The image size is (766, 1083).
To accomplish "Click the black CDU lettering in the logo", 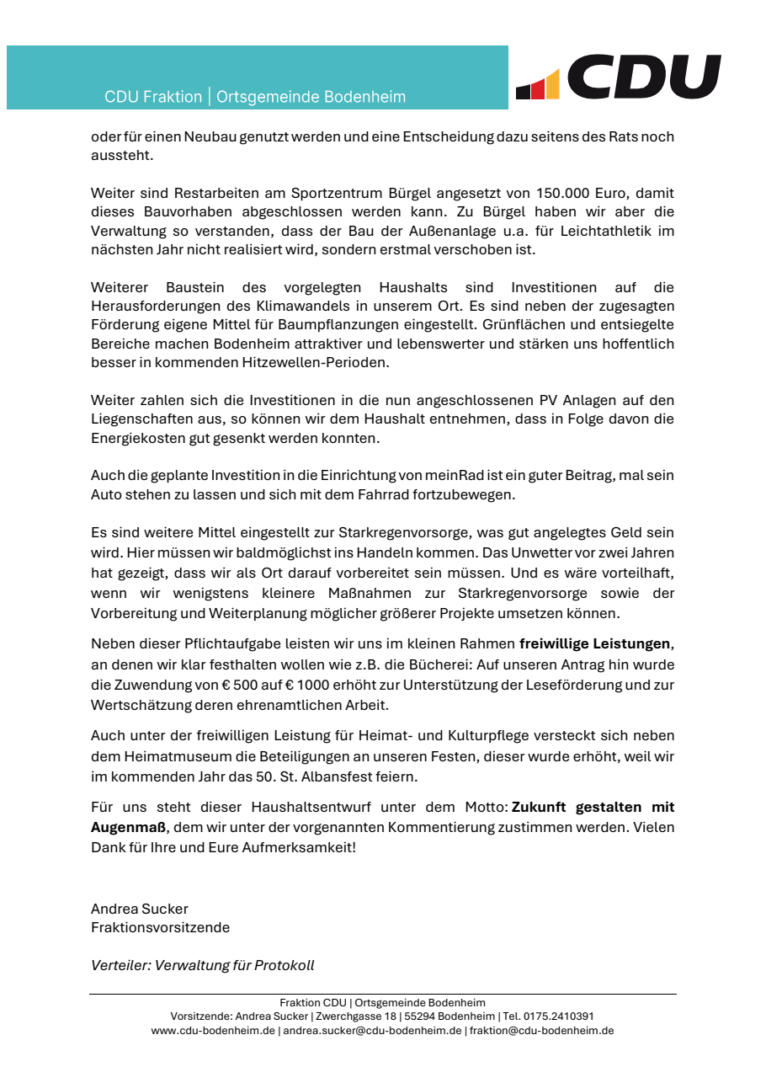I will tap(644, 77).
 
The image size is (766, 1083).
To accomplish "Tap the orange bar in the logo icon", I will tap(552, 85).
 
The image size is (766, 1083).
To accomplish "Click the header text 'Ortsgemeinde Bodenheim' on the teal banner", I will tap(311, 97).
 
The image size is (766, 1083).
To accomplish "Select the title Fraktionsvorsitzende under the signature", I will tap(160, 927).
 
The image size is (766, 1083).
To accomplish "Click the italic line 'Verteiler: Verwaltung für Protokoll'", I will tap(202, 965).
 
